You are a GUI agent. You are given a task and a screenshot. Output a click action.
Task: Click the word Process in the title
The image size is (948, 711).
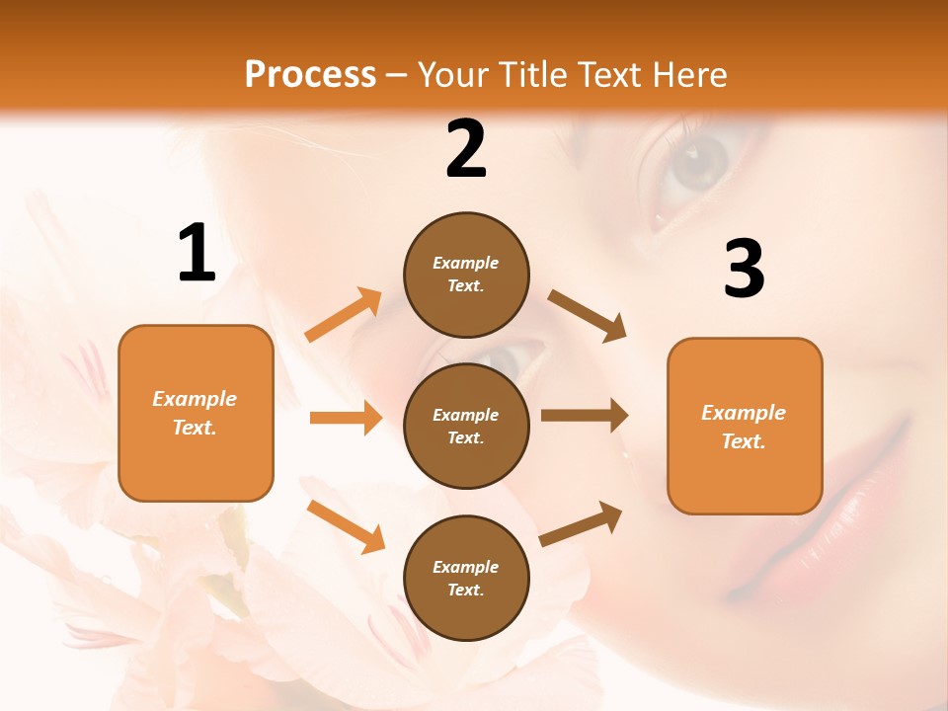[310, 74]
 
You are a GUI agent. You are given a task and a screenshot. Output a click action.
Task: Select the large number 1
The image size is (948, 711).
[197, 254]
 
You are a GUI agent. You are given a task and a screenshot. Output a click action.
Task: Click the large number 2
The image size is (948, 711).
[466, 149]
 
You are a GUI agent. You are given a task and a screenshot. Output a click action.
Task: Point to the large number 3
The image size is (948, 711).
[744, 269]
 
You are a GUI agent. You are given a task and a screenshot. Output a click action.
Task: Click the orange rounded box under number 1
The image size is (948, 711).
[196, 413]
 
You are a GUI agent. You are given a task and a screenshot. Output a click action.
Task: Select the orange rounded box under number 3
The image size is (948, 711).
[745, 427]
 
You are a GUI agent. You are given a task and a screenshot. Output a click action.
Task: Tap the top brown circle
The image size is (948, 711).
[466, 275]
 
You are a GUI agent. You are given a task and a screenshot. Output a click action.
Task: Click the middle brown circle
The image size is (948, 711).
[466, 426]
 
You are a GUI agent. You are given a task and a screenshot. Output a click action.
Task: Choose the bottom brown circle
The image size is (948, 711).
[466, 578]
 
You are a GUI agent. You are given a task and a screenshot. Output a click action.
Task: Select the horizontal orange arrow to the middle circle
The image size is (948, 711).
[346, 418]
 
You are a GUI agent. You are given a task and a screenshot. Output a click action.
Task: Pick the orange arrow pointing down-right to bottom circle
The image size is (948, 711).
[346, 525]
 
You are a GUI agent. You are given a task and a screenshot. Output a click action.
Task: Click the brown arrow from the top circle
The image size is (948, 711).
[588, 316]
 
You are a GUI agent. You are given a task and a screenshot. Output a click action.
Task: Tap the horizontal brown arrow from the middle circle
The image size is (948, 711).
[585, 415]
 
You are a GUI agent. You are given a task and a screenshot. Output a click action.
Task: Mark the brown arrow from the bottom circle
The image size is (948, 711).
[581, 523]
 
